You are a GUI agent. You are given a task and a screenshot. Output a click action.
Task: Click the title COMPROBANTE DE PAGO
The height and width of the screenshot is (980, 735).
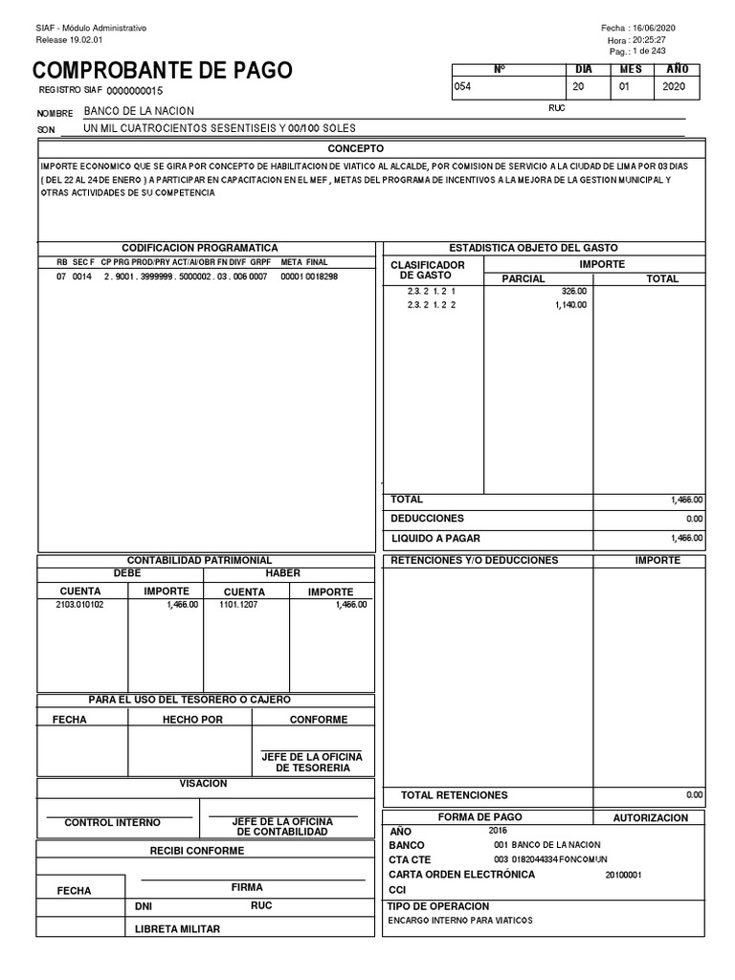click(x=163, y=71)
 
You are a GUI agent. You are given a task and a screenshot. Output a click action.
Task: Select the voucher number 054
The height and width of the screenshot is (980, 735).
click(x=463, y=87)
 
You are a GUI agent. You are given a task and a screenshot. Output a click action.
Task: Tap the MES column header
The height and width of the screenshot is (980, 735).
click(x=631, y=70)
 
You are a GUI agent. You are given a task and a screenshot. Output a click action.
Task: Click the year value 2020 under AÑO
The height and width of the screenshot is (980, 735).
click(x=674, y=87)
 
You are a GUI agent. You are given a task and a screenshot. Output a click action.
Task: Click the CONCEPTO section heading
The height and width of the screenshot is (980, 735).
click(x=355, y=149)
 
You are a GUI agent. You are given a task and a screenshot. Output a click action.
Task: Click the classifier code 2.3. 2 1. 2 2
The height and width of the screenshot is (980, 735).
click(x=432, y=305)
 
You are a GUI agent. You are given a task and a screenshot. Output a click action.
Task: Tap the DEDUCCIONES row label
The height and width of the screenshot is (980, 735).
click(x=427, y=518)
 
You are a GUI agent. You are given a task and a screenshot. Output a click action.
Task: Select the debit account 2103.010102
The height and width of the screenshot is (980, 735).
click(x=80, y=605)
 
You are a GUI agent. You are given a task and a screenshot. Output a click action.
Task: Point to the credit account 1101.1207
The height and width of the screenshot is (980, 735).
click(x=240, y=605)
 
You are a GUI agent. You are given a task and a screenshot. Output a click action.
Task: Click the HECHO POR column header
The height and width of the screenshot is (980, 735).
click(x=192, y=720)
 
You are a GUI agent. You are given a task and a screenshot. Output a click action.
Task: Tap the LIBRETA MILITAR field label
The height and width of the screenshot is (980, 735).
click(x=177, y=929)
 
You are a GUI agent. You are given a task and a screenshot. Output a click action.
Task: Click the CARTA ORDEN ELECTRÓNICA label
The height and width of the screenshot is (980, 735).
click(x=462, y=875)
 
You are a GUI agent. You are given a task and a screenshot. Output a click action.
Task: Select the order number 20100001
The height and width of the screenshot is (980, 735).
click(x=623, y=875)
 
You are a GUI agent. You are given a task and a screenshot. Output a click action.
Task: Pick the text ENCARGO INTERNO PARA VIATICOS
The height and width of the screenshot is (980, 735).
click(x=459, y=921)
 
